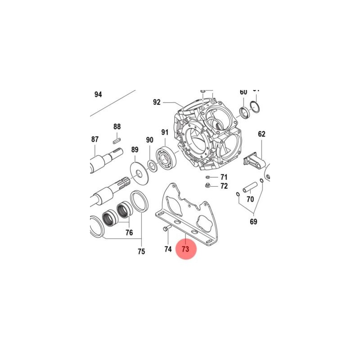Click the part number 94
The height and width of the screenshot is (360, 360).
98,94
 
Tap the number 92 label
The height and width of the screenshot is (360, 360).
157,102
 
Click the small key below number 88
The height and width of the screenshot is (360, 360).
117,139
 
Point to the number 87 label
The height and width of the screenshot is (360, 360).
94,139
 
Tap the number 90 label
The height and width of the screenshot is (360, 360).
149,140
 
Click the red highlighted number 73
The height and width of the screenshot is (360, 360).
186,248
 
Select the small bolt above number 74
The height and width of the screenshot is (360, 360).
165,229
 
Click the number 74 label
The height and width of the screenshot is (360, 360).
168,249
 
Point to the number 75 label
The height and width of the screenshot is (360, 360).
141,252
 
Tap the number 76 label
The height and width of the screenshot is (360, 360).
129,233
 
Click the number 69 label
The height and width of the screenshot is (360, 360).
253,221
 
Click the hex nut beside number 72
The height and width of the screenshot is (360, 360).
207,185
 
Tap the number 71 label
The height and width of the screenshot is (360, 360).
224,177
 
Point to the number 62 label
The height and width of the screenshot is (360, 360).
261,134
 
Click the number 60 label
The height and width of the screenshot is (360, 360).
243,92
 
